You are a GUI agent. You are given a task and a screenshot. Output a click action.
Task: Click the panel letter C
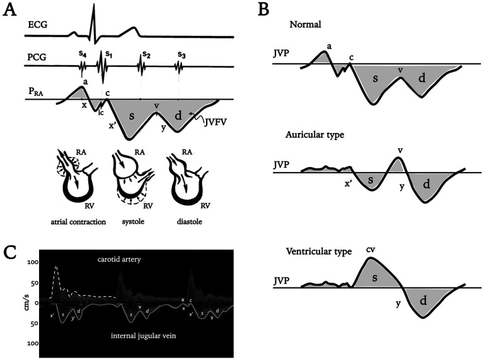pos(13,253)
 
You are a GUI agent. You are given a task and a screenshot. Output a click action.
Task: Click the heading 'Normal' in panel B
pos(305,25)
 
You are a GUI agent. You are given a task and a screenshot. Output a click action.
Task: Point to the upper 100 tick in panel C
pos(33,262)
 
